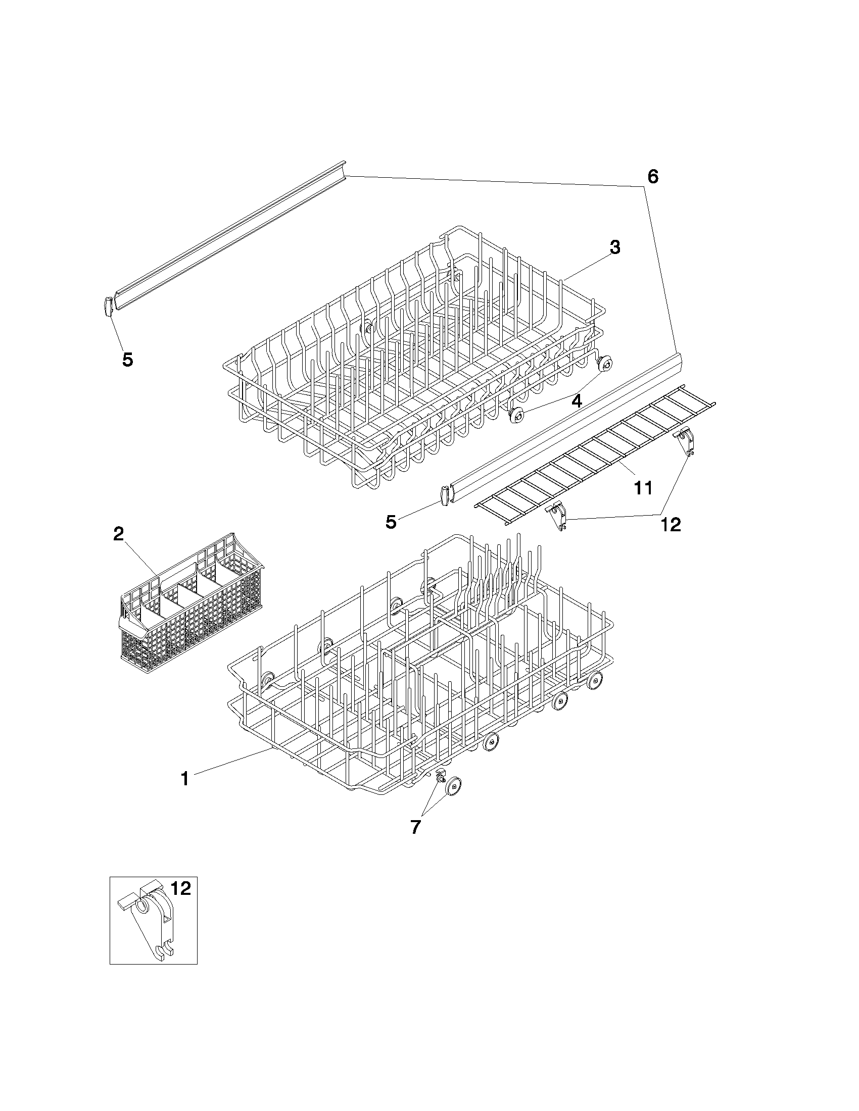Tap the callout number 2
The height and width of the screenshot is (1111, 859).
pyautogui.click(x=118, y=534)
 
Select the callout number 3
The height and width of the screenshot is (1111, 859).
pyautogui.click(x=615, y=248)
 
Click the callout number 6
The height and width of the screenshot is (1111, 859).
pyautogui.click(x=653, y=177)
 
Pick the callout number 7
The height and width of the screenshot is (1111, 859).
pyautogui.click(x=415, y=828)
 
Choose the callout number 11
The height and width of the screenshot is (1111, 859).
pyautogui.click(x=643, y=488)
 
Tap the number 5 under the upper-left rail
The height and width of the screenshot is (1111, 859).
pyautogui.click(x=128, y=360)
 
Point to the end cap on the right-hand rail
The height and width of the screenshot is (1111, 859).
pyautogui.click(x=445, y=495)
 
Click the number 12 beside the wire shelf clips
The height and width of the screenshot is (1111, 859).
pyautogui.click(x=671, y=525)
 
